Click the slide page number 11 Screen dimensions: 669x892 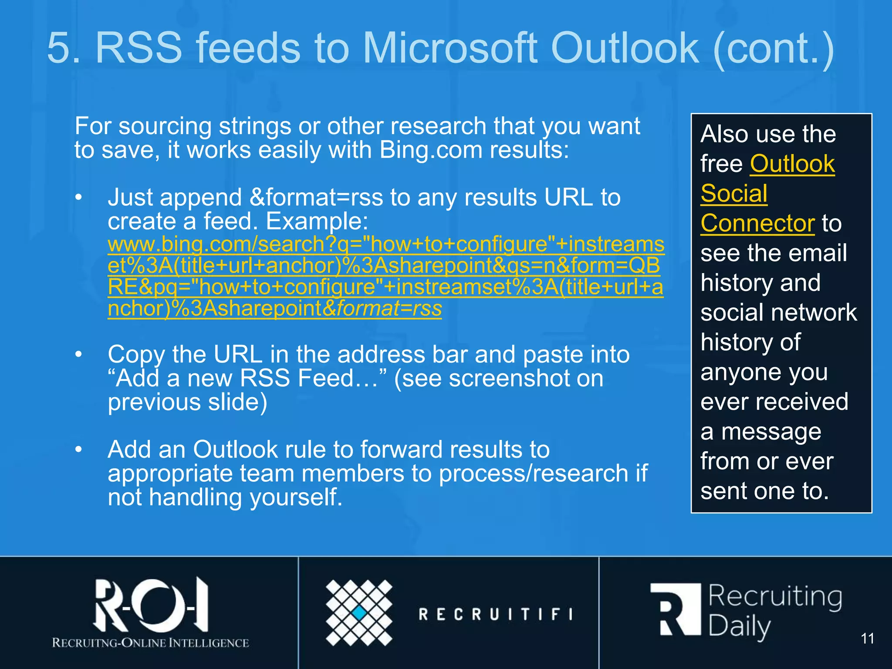[867, 639]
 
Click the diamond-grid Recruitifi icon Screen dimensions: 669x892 [359, 612]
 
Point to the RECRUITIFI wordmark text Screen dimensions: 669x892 [496, 614]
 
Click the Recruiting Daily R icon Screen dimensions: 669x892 [676, 610]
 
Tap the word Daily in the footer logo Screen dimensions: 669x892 [739, 627]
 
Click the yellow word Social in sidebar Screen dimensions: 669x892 [734, 193]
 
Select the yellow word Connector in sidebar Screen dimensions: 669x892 [757, 223]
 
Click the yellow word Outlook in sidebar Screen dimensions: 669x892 [792, 164]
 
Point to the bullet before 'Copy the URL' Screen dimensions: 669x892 [78, 354]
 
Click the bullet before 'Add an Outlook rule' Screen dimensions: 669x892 [78, 449]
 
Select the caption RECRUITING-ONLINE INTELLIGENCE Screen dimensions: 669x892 [151, 643]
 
